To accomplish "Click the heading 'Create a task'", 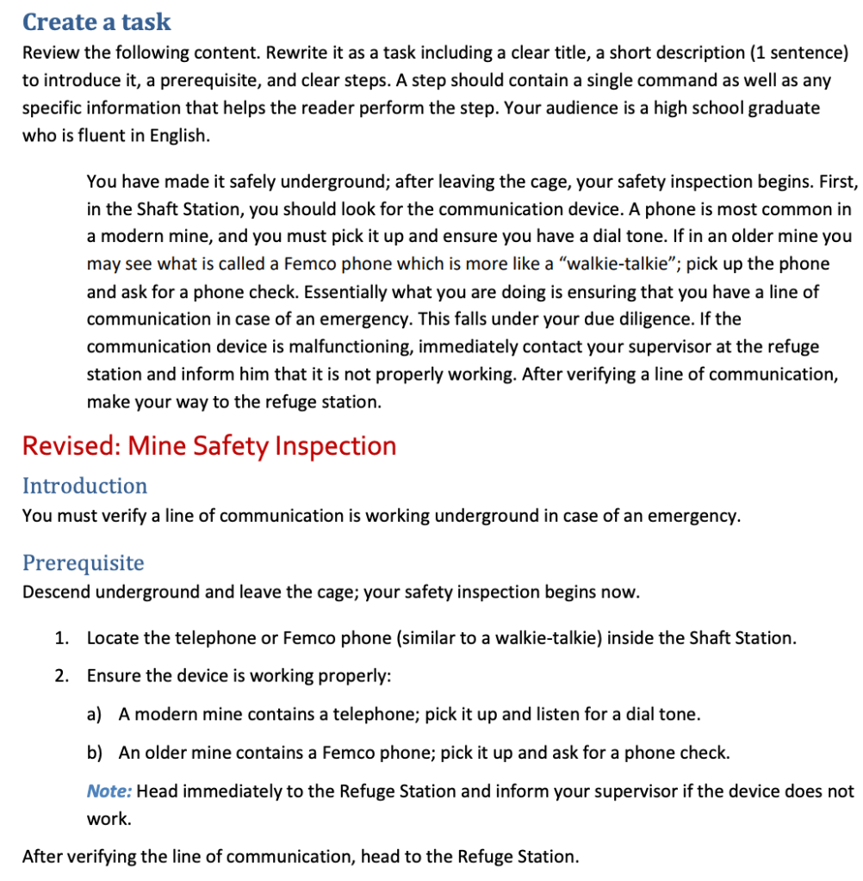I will coord(96,22).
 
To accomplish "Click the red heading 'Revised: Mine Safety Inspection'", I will coord(209,445).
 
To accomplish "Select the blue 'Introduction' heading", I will coord(84,486).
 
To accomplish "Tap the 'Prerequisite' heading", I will coord(83,563).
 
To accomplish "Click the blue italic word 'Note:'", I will coord(109,791).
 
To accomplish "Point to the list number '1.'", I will coord(61,638).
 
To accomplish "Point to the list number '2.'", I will coord(61,676).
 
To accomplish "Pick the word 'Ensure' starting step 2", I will coord(113,676).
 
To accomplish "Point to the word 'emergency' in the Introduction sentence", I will coord(693,516).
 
